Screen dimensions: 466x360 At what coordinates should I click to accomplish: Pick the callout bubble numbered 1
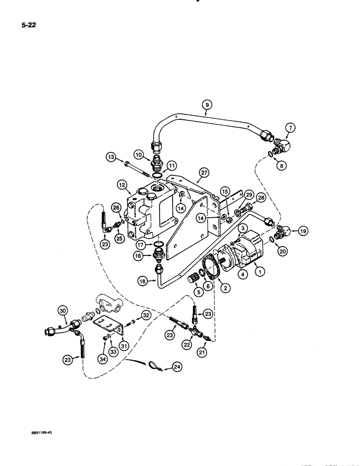(x=258, y=270)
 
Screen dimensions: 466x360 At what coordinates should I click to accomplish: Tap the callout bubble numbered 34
(x=103, y=359)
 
